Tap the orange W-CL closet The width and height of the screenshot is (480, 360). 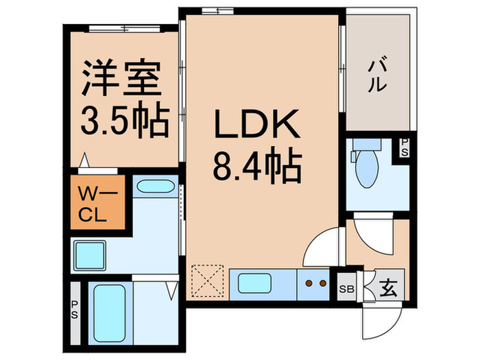pyautogui.click(x=97, y=204)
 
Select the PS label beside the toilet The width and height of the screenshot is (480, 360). pyautogui.click(x=404, y=147)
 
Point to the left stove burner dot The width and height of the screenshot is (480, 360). pyautogui.click(x=309, y=282)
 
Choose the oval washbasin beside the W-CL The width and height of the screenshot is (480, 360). pyautogui.click(x=154, y=187)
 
